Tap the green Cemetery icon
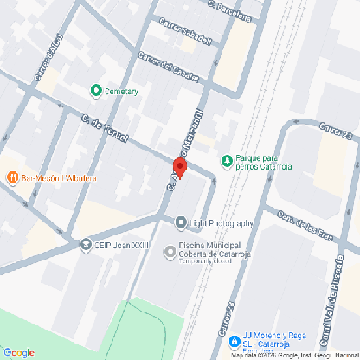pyautogui.click(x=95, y=90)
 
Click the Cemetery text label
pyautogui.click(x=121, y=90)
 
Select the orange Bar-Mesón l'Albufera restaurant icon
pyautogui.click(x=12, y=177)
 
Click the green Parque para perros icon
pyautogui.click(x=227, y=159)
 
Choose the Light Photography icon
pyautogui.click(x=180, y=223)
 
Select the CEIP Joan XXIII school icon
pyautogui.click(x=86, y=245)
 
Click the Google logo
pyautogui.click(x=18, y=351)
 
